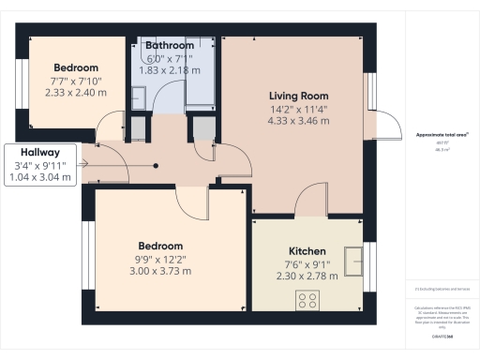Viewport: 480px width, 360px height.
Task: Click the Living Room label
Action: tap(298, 96)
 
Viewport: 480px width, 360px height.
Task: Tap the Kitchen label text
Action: tap(307, 251)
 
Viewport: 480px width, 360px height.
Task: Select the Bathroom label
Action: tap(170, 45)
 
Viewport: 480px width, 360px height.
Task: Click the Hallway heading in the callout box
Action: tap(37, 152)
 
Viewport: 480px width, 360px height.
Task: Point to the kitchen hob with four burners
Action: tap(307, 299)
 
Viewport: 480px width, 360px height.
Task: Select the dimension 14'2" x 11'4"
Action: tap(298, 109)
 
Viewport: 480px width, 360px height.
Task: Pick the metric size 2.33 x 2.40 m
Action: tap(75, 93)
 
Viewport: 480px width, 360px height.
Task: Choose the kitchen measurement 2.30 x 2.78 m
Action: tap(307, 276)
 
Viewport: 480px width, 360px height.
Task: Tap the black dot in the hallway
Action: tap(156, 165)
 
